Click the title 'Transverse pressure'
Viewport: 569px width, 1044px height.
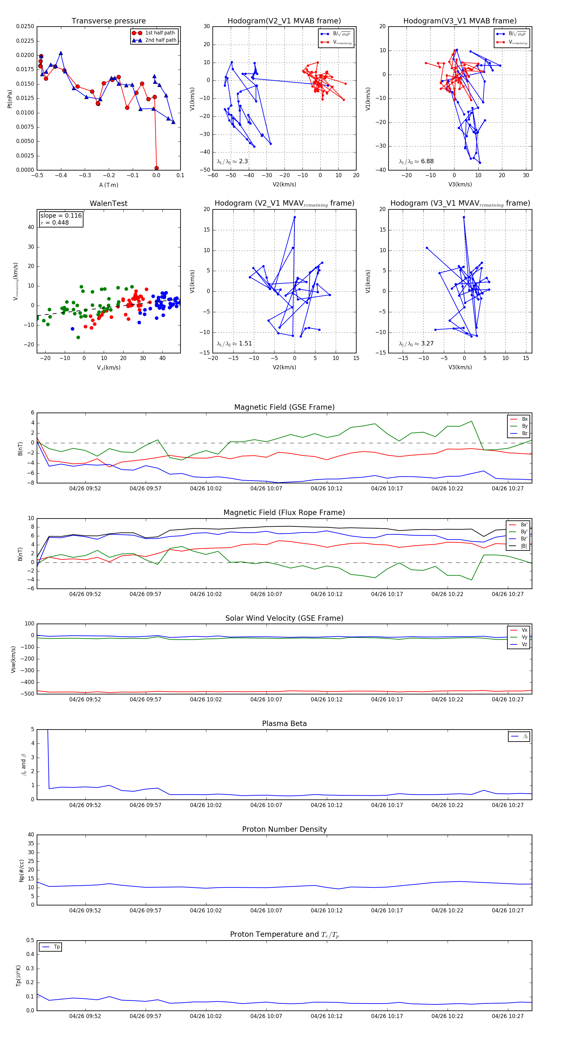pos(108,21)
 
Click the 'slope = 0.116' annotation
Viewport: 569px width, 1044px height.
pos(61,216)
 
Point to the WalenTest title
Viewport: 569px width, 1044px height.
pos(108,203)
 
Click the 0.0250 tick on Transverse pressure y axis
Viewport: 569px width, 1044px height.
pos(25,26)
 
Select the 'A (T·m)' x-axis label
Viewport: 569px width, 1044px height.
pos(108,185)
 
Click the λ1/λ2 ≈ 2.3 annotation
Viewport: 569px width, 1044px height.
pos(232,161)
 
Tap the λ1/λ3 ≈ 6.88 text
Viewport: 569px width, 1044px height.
pos(416,161)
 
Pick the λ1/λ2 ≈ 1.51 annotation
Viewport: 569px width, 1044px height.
pos(234,344)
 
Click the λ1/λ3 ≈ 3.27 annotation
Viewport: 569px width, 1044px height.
pos(416,344)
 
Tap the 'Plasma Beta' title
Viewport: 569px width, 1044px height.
pos(284,724)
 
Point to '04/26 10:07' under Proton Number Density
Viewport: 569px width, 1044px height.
pos(266,910)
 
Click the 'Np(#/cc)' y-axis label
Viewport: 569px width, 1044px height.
pos(22,871)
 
